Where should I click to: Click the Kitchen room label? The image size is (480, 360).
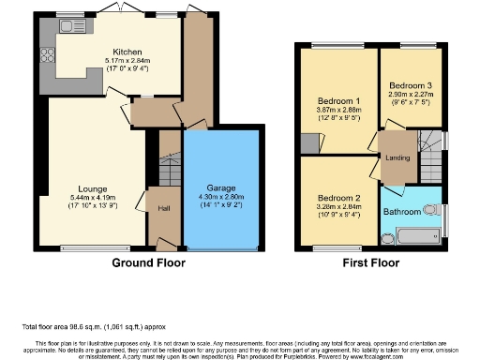tap(127, 52)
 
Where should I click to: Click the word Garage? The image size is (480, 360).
tap(220, 187)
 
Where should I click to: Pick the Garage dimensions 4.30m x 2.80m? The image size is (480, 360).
tap(220, 197)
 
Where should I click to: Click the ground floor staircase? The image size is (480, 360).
tap(170, 172)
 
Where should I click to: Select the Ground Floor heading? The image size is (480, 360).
tap(143, 263)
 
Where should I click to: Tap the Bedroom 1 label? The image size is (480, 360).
tap(338, 101)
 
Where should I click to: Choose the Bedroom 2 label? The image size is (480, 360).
tap(338, 198)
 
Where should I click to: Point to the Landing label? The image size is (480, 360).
tap(397, 157)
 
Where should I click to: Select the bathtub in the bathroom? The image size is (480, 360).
tap(412, 234)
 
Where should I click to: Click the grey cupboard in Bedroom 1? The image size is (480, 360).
tap(309, 144)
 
